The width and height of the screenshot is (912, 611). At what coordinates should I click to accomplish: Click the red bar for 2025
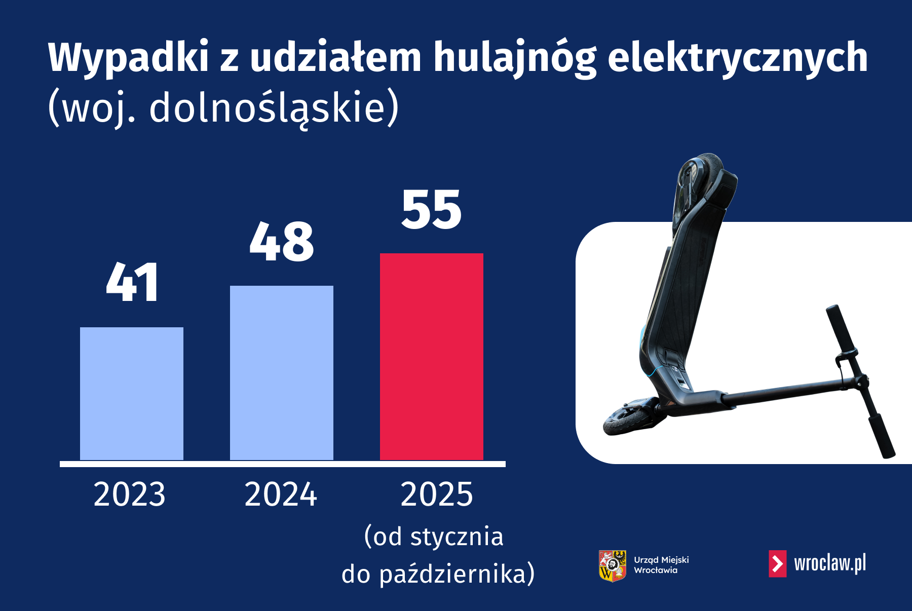432,357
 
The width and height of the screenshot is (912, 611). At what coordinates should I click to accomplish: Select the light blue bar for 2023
132,394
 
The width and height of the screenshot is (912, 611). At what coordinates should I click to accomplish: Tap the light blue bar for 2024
282,373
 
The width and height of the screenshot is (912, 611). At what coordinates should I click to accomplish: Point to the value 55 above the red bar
432,209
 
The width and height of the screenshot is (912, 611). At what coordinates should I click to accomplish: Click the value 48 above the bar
282,242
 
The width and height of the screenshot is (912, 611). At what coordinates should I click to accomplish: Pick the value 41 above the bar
132,283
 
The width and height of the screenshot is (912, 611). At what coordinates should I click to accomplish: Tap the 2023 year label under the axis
130,494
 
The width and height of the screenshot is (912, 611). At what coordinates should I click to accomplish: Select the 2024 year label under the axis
281,494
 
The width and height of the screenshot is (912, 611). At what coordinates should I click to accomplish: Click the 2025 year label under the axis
437,494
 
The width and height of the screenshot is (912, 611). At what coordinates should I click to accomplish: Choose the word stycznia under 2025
457,537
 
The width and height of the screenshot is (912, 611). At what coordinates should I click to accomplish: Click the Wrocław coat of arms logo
613,565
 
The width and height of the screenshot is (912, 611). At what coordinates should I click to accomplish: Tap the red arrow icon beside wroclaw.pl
778,563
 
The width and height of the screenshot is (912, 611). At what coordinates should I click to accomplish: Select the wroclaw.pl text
830,563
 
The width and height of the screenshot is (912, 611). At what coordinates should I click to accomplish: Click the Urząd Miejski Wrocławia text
661,565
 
